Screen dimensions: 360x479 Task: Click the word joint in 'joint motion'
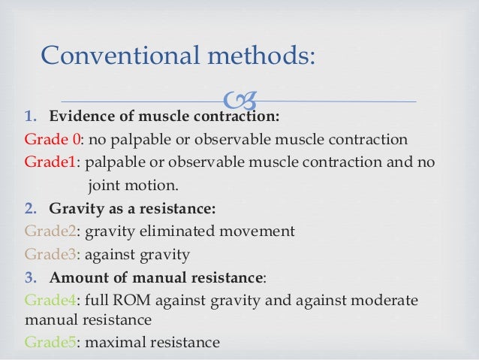104,185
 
